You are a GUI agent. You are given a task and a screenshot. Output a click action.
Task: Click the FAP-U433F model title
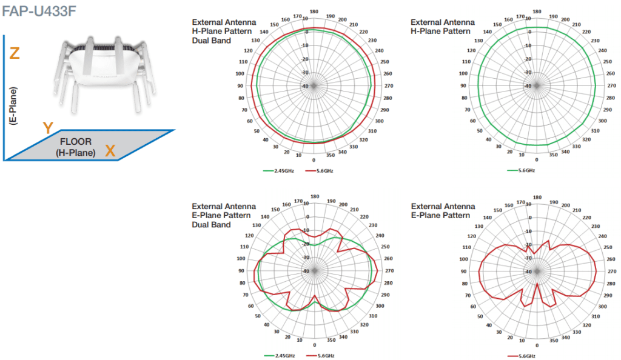(x=39, y=11)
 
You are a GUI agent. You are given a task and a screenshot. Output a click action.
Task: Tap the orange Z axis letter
(x=15, y=53)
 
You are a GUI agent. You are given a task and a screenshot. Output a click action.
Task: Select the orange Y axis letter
(x=48, y=128)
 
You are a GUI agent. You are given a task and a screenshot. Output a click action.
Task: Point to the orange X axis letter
(x=110, y=151)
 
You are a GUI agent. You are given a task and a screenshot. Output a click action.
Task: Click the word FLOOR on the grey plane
(x=76, y=142)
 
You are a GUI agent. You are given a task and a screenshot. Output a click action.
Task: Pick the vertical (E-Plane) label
(x=13, y=106)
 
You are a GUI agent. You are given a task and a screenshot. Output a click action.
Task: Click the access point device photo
(x=104, y=75)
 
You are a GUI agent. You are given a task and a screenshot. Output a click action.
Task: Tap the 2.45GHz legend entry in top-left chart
(x=278, y=171)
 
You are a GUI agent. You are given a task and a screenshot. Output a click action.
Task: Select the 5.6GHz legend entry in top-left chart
(x=319, y=171)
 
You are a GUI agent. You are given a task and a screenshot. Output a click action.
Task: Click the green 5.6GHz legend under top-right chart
(x=521, y=170)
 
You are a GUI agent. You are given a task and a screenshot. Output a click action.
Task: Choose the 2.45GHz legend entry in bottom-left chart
(x=279, y=356)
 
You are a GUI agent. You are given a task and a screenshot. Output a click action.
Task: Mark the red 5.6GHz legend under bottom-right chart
(x=522, y=356)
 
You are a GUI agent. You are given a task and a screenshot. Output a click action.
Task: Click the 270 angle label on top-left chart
(x=389, y=86)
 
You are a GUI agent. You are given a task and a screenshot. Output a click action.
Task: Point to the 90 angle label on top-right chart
(x=463, y=85)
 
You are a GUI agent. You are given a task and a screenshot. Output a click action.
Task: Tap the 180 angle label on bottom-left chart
(x=315, y=196)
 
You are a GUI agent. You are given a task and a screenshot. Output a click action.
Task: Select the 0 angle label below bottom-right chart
(x=537, y=345)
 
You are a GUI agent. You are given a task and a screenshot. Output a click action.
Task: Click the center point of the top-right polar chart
(x=537, y=86)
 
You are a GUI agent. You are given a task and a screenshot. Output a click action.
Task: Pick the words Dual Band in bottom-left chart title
(x=211, y=225)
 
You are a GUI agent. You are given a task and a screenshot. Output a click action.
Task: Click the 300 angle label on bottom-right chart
(x=602, y=307)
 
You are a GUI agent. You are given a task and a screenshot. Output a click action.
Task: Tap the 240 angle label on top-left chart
(x=380, y=51)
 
